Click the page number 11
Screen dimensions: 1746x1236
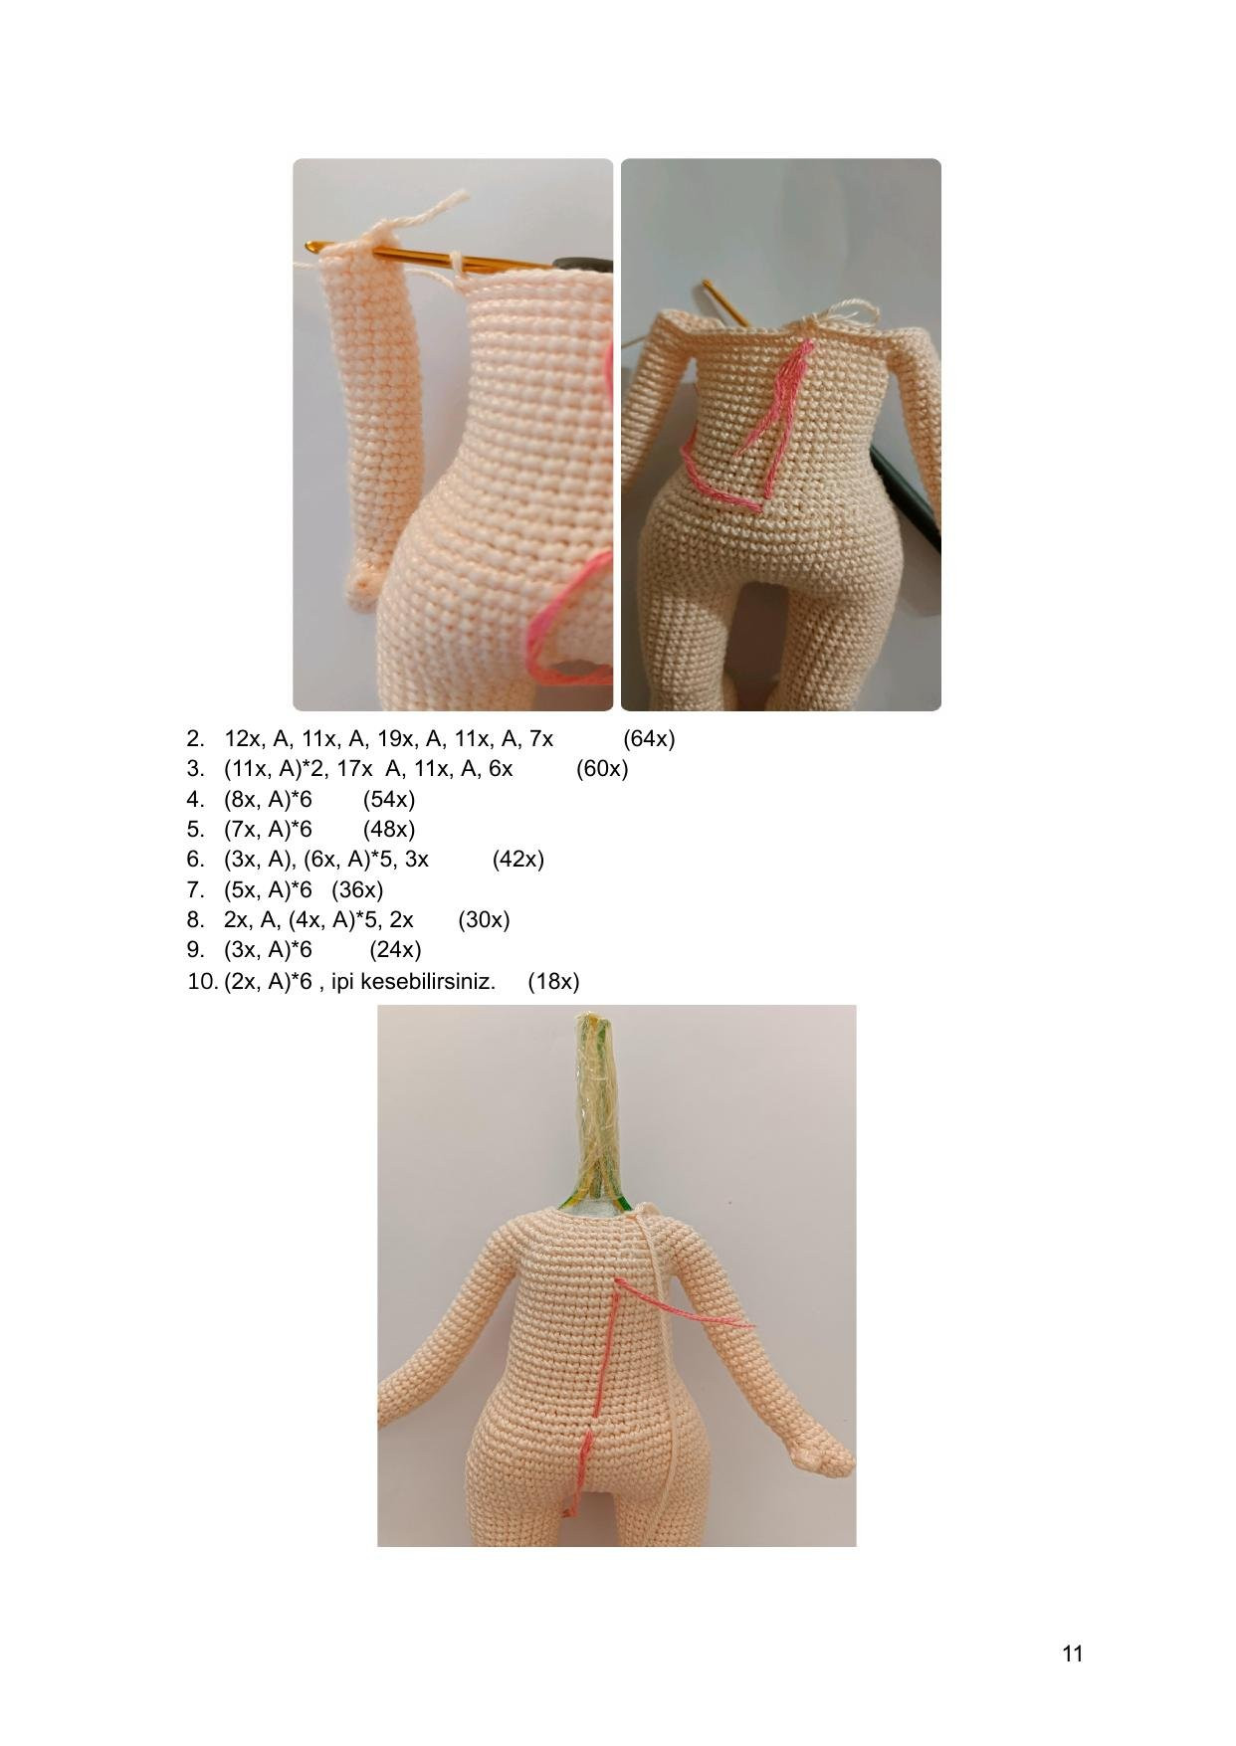[x=1072, y=1653]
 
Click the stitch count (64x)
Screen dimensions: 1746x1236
[x=649, y=739]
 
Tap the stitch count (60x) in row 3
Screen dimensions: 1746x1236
[x=602, y=769]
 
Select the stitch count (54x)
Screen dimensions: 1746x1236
[x=389, y=799]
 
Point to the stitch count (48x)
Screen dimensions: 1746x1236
[x=389, y=829]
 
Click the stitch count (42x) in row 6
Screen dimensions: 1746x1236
[x=517, y=859]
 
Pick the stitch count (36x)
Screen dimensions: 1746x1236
[x=357, y=889]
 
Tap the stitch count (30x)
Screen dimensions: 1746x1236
[x=484, y=919]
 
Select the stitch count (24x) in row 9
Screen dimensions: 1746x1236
[x=395, y=949]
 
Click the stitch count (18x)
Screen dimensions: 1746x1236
[x=553, y=981]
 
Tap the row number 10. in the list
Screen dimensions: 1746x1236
[x=202, y=981]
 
